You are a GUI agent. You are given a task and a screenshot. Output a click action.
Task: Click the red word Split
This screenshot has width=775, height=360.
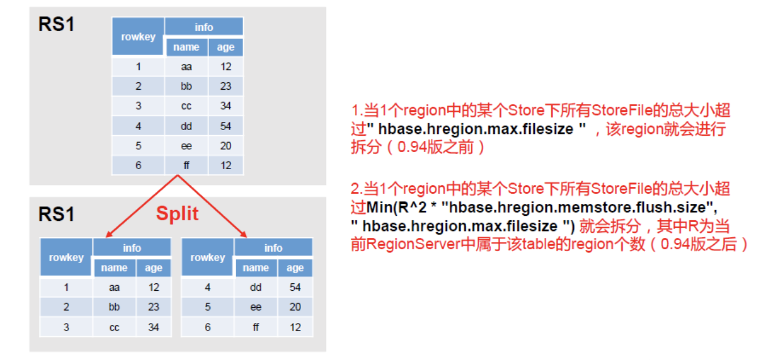pos(177,214)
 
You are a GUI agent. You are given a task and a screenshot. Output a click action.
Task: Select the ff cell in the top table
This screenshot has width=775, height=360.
pos(186,165)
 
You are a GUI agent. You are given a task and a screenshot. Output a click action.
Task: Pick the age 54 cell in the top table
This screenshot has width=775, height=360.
pos(226,126)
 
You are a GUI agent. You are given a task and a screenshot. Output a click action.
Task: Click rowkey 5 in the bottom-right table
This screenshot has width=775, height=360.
pos(207,307)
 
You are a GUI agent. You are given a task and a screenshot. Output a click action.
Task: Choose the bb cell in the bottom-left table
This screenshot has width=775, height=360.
pos(114,307)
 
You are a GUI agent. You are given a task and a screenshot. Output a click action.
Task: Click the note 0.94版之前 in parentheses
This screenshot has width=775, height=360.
pos(441,148)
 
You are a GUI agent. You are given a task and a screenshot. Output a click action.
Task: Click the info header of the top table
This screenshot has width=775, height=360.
pos(204,27)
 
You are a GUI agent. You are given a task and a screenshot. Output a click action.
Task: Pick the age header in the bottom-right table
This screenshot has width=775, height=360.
pos(295,267)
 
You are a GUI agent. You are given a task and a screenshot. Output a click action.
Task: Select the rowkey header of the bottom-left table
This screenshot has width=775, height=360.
pos(66,257)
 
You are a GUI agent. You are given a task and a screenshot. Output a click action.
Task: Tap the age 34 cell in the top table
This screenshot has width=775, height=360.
pos(226,106)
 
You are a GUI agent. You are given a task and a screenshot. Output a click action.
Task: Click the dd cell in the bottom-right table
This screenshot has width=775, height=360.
pos(255,287)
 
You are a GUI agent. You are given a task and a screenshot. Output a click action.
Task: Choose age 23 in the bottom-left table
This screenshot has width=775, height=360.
pos(154,307)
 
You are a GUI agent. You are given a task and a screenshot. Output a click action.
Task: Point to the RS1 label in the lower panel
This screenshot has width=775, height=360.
pos(56,214)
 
